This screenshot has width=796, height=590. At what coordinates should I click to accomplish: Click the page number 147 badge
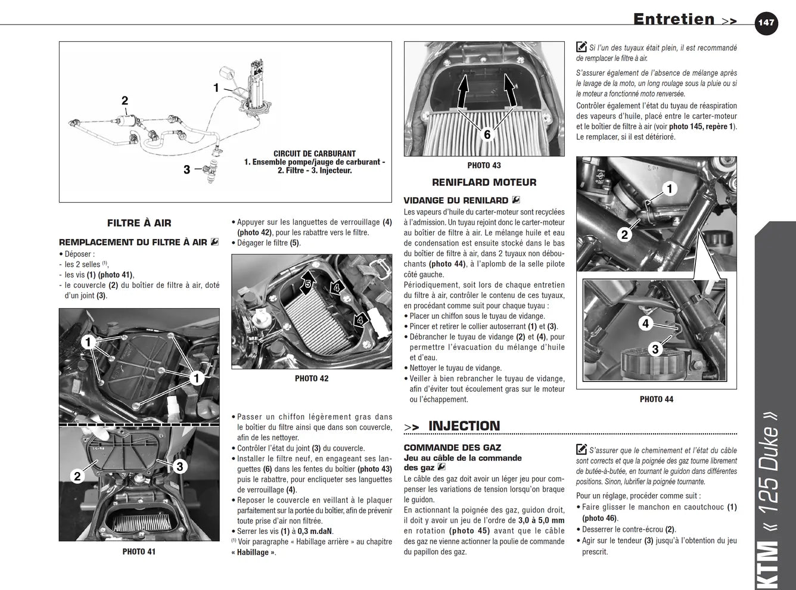(766, 23)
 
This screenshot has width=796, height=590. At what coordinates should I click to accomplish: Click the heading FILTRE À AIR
(139, 223)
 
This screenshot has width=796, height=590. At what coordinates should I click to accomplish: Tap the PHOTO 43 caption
(484, 166)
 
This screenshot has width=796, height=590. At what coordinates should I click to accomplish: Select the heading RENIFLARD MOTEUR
(484, 182)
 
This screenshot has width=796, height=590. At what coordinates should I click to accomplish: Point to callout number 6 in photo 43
(487, 135)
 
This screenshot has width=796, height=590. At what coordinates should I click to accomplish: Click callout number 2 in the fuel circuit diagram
(125, 101)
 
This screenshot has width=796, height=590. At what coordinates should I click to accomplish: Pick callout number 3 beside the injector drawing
(186, 169)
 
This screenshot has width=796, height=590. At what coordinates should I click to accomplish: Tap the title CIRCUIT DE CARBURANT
(315, 154)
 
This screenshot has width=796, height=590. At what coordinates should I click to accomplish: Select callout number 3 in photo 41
(180, 467)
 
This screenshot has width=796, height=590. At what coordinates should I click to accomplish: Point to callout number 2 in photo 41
(77, 476)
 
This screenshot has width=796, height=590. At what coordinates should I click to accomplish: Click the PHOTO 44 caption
(657, 399)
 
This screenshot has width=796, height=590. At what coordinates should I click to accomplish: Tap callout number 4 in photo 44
(645, 324)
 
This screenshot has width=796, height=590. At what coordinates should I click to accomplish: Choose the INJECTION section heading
(464, 426)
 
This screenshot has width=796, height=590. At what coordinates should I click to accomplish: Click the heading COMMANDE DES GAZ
(452, 448)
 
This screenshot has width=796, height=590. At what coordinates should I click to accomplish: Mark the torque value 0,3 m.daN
(315, 531)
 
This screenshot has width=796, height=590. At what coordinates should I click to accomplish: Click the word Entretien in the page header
(674, 20)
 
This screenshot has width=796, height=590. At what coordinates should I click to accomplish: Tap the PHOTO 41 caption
(139, 552)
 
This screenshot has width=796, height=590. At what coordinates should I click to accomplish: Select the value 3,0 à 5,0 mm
(541, 520)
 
